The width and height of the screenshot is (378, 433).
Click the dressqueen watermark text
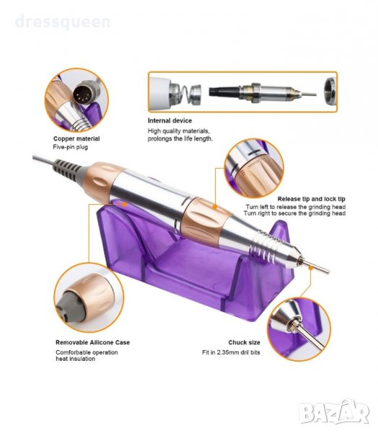coord(63,22)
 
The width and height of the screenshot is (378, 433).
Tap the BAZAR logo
coord(335,412)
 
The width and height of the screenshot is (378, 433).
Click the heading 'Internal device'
coord(170,121)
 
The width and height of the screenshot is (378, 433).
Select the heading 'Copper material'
coord(76,139)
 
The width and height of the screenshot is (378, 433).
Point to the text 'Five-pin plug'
coord(71,147)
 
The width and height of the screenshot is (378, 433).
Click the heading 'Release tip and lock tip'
coord(312,199)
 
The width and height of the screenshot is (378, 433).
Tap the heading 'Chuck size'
coord(244,342)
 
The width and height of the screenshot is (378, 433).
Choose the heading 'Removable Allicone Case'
coord(93,342)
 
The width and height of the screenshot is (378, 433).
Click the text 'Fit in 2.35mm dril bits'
coord(231,353)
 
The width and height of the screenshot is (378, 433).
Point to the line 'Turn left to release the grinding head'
coord(296,207)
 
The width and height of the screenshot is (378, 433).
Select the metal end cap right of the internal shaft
coord(330,92)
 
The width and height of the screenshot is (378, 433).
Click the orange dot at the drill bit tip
coord(311,267)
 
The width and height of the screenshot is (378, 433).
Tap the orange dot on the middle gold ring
coord(215,206)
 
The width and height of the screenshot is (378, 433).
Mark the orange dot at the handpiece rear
coord(124,204)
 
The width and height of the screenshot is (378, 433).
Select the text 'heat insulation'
coord(75,359)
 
